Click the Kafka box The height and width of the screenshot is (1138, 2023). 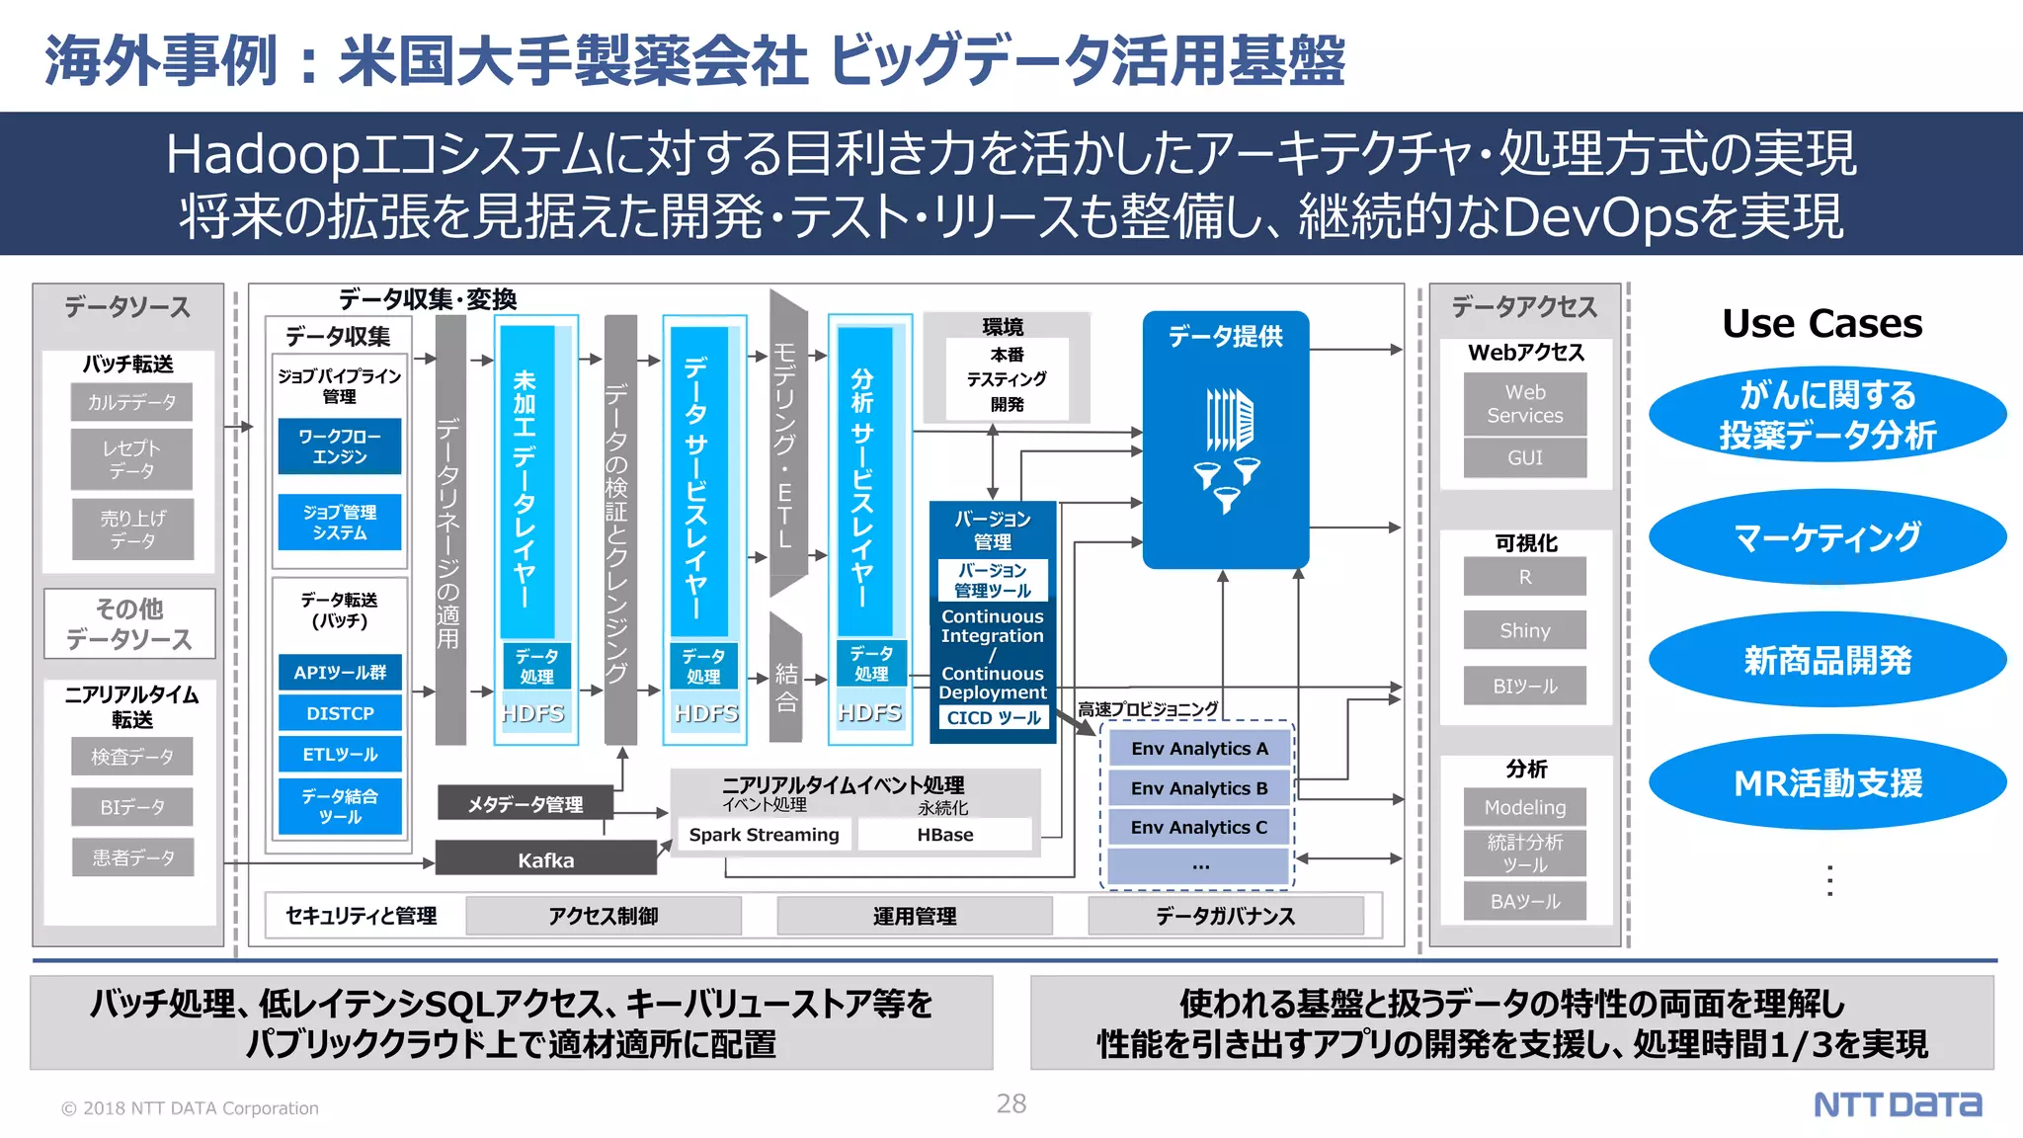545,859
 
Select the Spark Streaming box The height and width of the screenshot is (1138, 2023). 764,835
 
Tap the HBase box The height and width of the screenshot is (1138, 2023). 944,835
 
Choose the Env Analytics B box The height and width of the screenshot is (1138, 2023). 1199,788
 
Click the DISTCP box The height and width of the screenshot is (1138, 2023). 340,713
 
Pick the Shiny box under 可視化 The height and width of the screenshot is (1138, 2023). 1524,630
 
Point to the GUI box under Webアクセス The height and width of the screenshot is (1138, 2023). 1524,457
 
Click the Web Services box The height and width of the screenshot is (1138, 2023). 1524,404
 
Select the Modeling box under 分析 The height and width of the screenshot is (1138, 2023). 1524,807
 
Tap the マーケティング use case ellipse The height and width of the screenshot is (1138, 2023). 1827,537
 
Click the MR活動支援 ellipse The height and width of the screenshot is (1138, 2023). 1827,783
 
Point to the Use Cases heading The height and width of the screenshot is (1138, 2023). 1821,324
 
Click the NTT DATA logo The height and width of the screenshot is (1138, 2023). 1897,1104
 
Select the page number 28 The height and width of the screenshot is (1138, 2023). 1011,1103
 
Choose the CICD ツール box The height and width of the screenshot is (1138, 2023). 993,718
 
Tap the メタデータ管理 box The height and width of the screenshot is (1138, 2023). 526,804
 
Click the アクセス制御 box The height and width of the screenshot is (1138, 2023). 603,916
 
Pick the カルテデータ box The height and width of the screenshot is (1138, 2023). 131,402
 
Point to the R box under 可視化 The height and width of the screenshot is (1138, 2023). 1524,577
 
